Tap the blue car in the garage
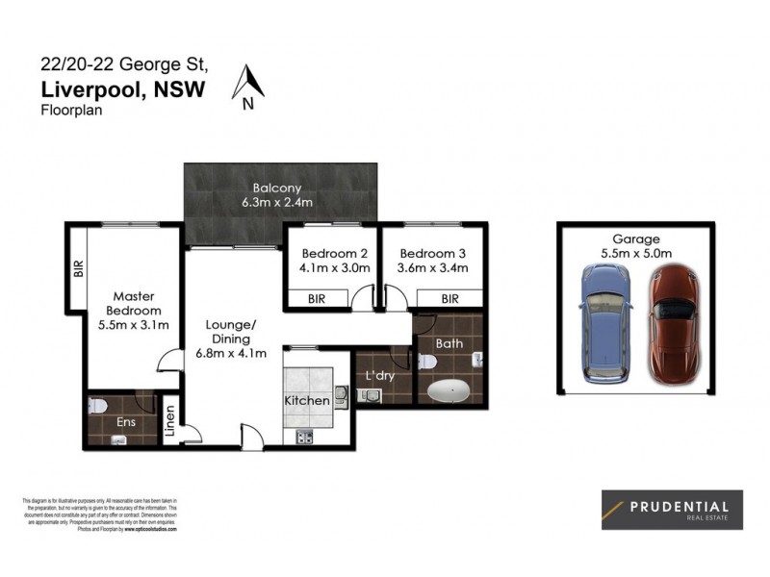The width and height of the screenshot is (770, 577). (x=605, y=322)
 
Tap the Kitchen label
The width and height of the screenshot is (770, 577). (x=307, y=400)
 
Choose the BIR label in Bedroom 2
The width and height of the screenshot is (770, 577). (x=316, y=300)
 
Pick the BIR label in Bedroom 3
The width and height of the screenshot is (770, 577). (x=449, y=300)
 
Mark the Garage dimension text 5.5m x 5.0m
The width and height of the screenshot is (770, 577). (x=634, y=253)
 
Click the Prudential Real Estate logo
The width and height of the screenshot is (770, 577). (x=665, y=510)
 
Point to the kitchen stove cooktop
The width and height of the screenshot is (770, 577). (x=306, y=438)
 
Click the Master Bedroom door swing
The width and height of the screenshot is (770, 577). (x=168, y=362)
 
